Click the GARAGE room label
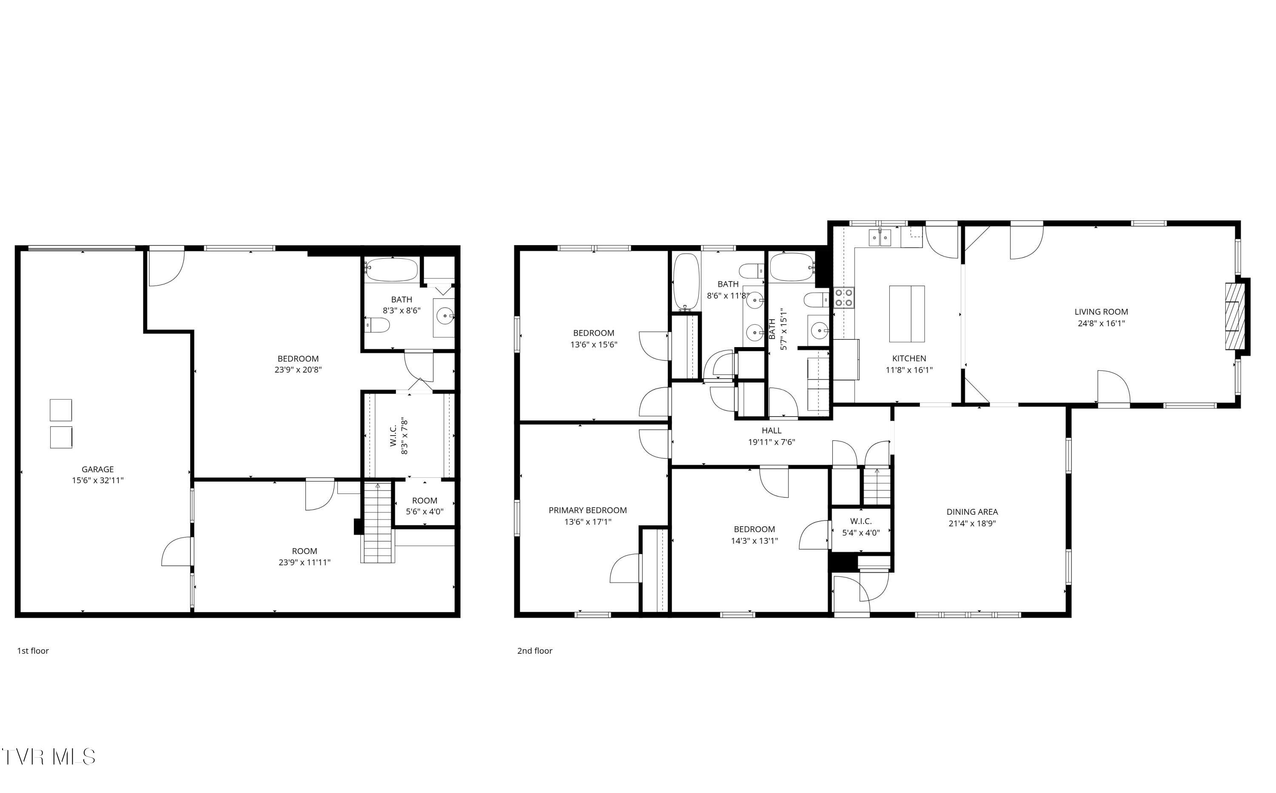click(97, 469)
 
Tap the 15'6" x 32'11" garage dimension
click(97, 480)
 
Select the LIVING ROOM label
click(1101, 311)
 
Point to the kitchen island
click(906, 314)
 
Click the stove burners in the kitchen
click(843, 297)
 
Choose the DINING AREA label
click(972, 512)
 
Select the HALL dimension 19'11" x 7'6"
click(771, 442)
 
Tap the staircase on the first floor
click(377, 525)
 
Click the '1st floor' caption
click(33, 651)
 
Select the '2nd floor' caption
click(535, 651)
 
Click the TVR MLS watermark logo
click(48, 757)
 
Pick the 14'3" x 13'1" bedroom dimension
click(755, 541)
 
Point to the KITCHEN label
click(909, 358)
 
